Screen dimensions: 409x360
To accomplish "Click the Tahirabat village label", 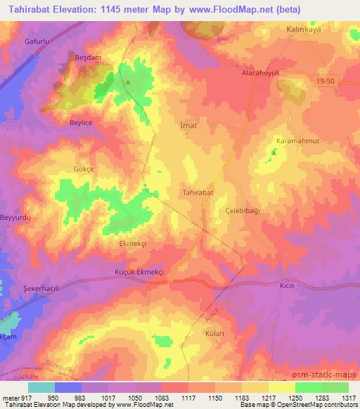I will click(x=198, y=191).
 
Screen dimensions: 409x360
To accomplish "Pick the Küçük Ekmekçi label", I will click(x=134, y=271).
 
